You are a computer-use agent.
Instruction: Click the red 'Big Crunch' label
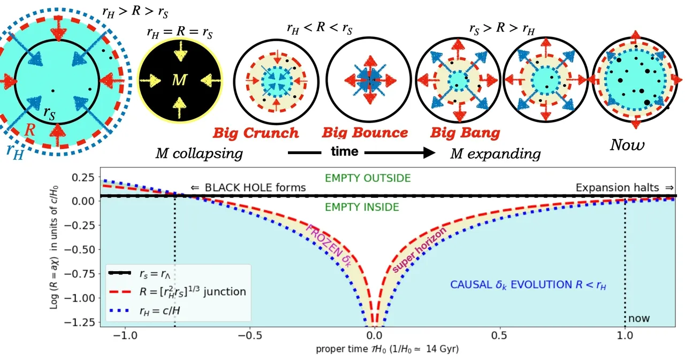point(255,133)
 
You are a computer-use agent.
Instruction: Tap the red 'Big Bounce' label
point(365,133)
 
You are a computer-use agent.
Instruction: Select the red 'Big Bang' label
point(465,133)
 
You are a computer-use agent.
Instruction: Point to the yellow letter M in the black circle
point(179,80)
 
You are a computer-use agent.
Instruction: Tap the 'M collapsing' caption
point(199,154)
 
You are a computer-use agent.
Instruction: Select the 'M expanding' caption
point(495,154)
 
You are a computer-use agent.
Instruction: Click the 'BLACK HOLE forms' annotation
point(248,188)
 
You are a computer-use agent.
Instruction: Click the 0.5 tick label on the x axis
point(499,338)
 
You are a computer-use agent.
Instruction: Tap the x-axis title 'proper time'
point(387,350)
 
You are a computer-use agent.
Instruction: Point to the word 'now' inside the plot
point(639,318)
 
